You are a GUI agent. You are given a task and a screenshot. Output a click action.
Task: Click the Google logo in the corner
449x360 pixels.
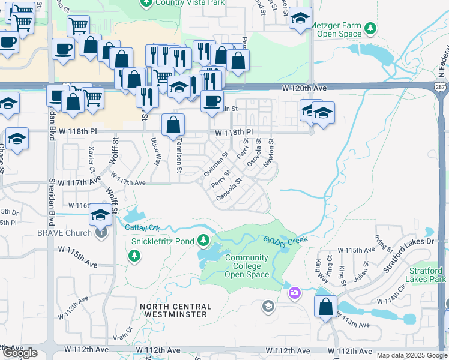coord(20,353)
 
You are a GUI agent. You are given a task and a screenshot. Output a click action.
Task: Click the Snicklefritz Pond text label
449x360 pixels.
coord(163,241)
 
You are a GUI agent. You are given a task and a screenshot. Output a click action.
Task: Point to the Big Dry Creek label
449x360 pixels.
coord(285,239)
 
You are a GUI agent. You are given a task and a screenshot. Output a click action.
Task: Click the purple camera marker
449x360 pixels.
coord(295,293)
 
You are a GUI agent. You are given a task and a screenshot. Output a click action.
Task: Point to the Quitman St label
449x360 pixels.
coord(215,163)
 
